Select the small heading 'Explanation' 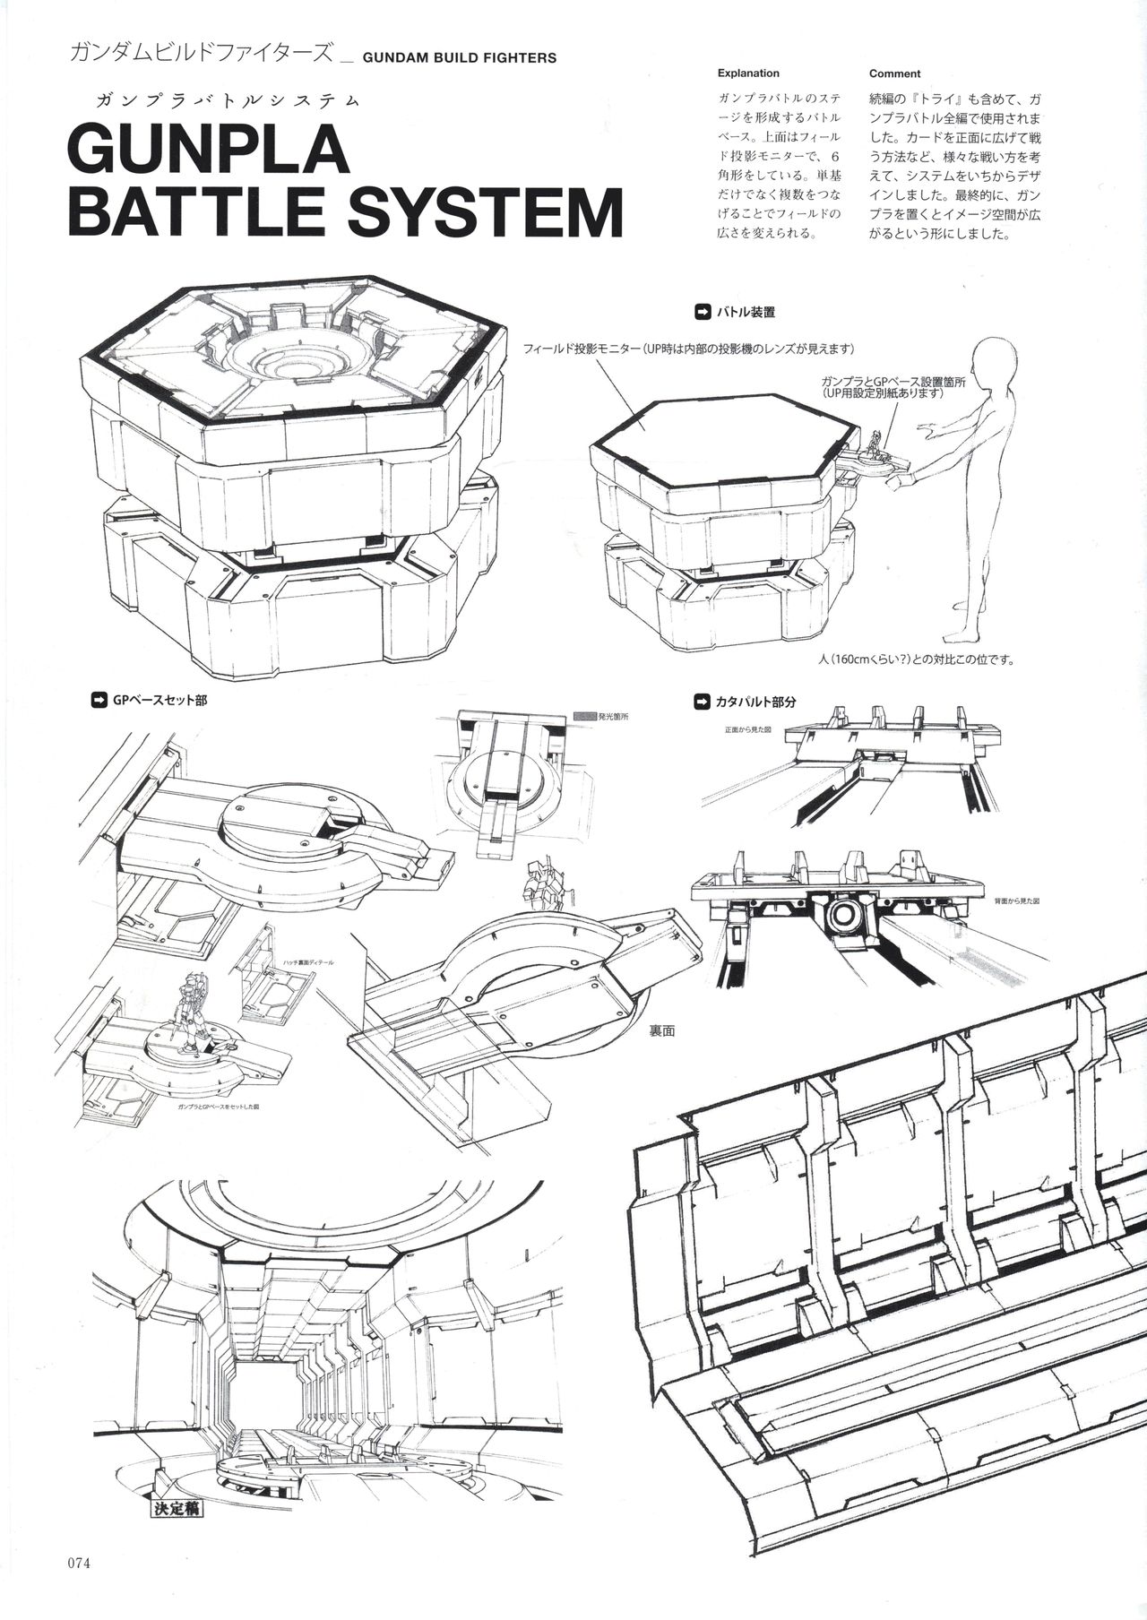[748, 73]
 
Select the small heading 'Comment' [894, 73]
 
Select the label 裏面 [662, 1031]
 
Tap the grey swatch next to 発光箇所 [583, 717]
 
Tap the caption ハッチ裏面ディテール [307, 962]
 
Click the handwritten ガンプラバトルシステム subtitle [221, 99]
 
